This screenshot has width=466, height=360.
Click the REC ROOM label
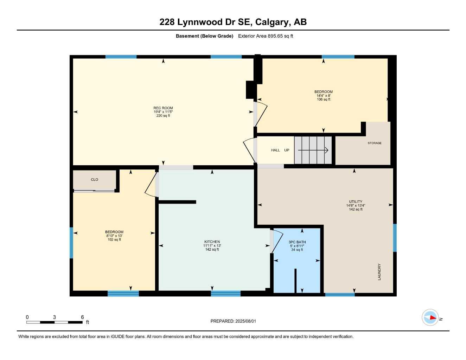point(163,108)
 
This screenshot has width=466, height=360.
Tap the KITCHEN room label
point(212,242)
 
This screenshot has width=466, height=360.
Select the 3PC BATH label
point(297,242)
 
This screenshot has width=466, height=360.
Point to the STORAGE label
point(374,143)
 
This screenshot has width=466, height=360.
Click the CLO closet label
point(95,180)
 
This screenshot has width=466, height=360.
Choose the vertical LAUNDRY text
point(379,272)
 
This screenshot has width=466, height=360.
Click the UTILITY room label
point(356,202)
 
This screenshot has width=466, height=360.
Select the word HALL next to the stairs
point(275,150)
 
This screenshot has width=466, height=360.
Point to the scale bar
point(55,322)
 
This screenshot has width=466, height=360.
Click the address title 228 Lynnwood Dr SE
point(233,22)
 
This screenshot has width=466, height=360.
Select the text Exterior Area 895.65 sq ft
point(266,36)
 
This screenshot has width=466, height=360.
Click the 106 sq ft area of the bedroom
point(324,99)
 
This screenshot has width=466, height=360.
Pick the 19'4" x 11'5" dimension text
point(163,112)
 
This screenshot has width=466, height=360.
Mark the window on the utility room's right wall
point(395,238)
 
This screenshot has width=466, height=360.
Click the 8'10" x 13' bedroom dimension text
point(114,236)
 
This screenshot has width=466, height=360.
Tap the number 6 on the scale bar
point(82,317)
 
